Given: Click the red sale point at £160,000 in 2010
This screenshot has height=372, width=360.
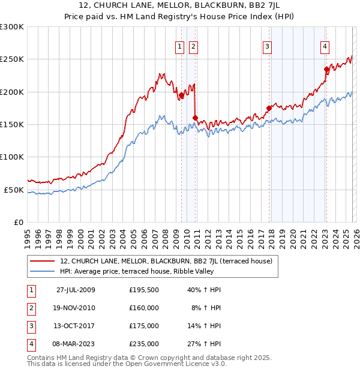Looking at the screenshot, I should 196,118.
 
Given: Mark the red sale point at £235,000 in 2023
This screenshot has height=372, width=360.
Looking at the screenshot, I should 326,69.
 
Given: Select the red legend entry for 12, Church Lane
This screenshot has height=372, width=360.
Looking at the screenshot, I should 166,261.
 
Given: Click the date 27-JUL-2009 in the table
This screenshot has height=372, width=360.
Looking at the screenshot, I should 76,290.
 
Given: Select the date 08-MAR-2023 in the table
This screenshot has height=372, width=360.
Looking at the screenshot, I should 76,344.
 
